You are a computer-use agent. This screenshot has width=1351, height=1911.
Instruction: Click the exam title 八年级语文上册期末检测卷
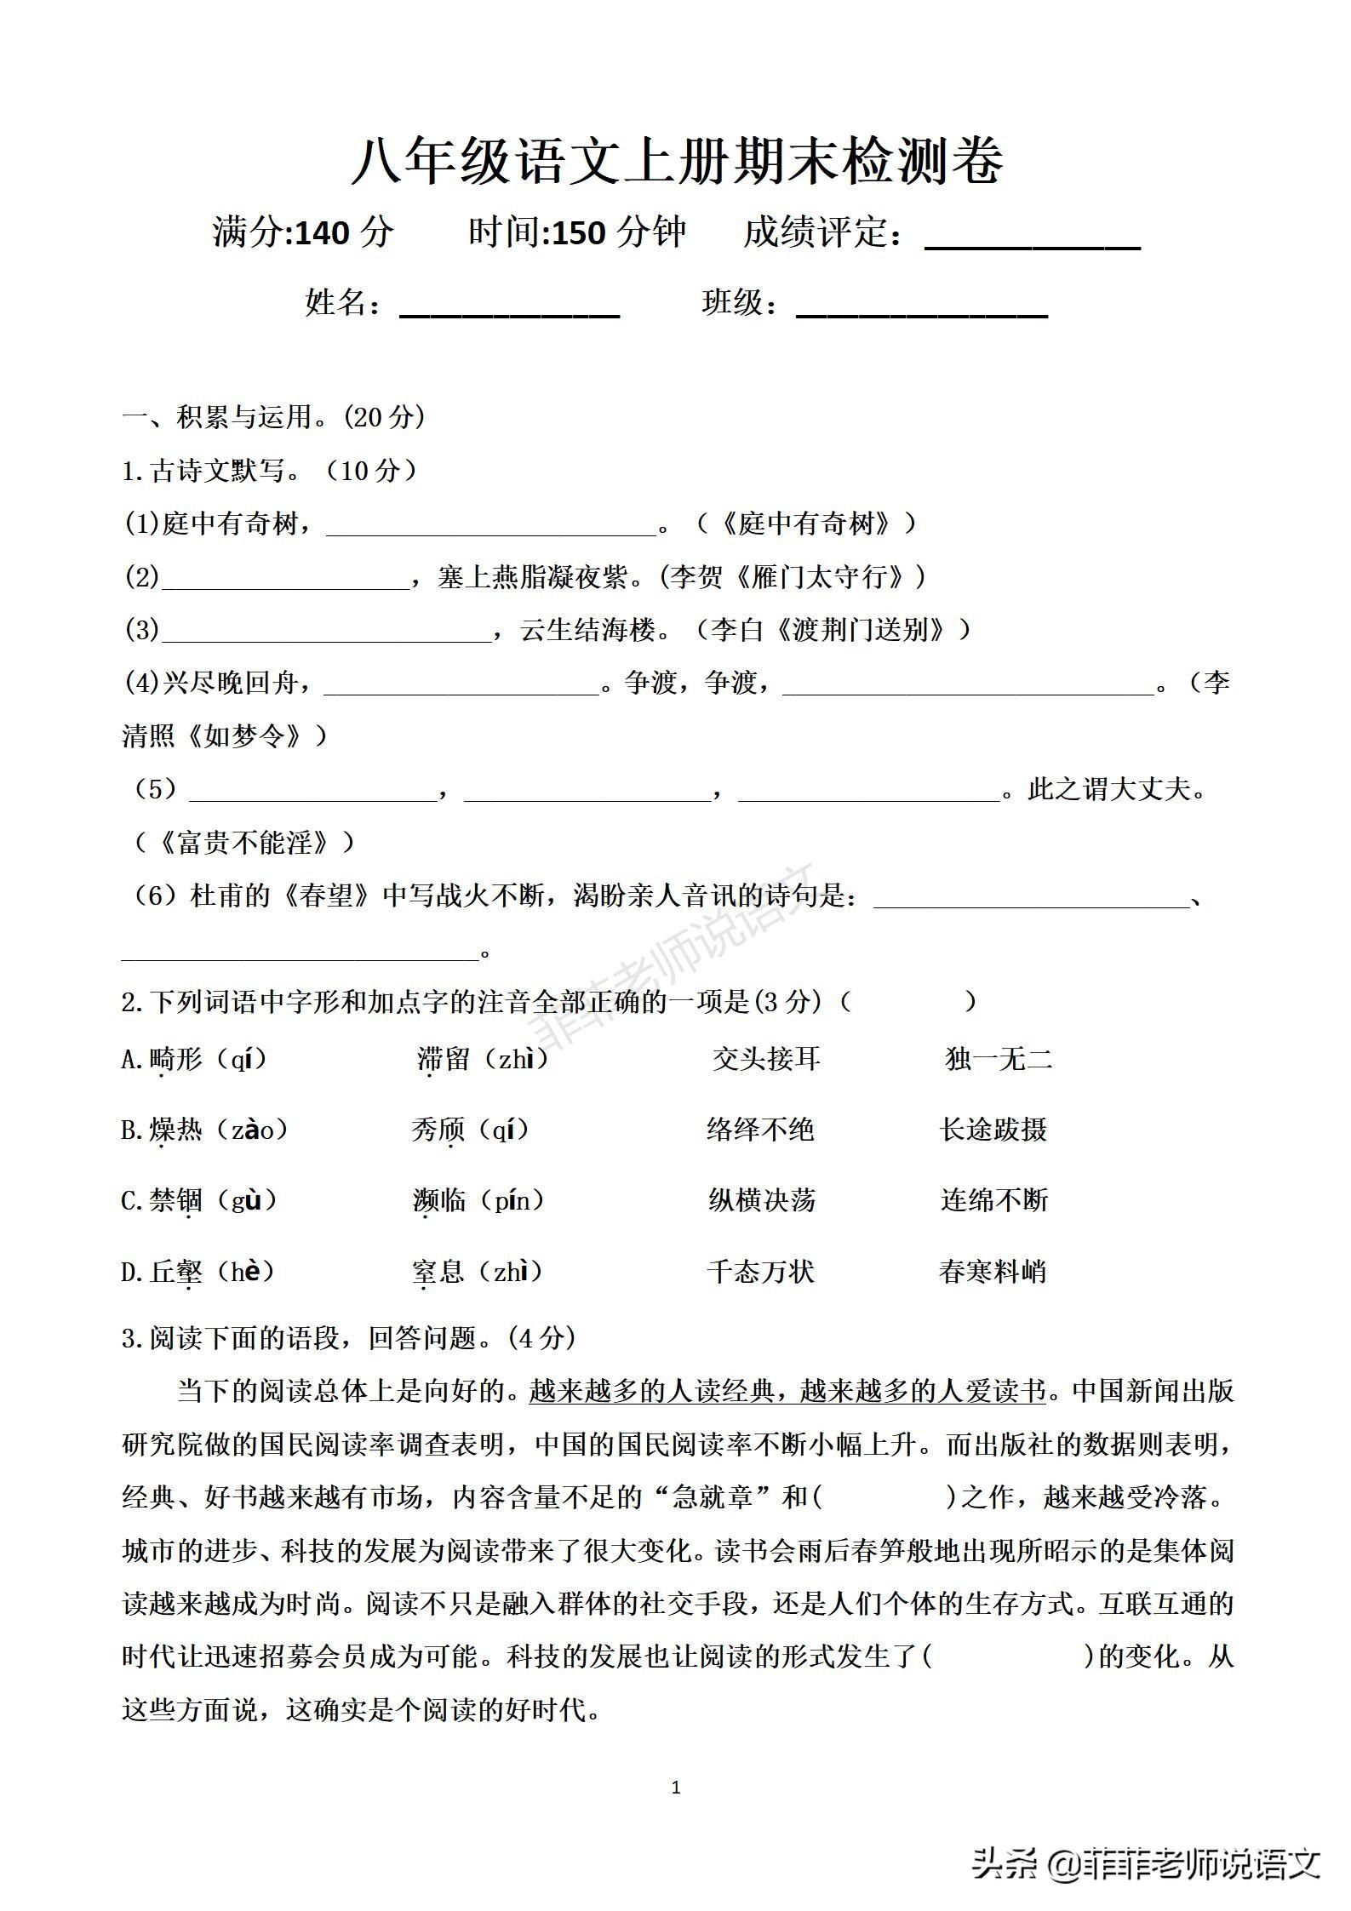[x=677, y=161]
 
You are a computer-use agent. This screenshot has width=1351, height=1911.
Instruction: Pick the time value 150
[x=579, y=232]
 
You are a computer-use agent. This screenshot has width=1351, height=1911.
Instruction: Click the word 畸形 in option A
[x=175, y=1060]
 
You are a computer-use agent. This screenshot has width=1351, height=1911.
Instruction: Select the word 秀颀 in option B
[x=438, y=1130]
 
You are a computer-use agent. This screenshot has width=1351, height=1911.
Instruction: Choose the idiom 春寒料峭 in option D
[x=993, y=1272]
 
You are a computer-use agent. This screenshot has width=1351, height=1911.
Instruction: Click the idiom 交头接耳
[x=766, y=1060]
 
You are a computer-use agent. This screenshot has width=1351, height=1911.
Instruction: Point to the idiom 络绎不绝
[x=760, y=1130]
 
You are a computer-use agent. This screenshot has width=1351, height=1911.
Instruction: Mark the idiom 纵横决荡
[x=762, y=1201]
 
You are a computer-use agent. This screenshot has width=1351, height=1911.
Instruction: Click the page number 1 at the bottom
[x=676, y=1788]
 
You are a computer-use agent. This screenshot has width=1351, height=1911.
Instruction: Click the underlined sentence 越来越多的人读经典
[x=651, y=1391]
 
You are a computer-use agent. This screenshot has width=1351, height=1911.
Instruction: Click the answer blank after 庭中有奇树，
[x=492, y=524]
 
